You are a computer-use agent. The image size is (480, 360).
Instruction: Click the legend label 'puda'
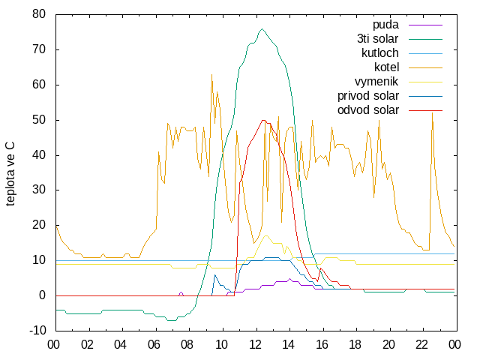point(385,25)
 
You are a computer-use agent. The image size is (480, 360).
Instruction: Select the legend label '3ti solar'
point(378,39)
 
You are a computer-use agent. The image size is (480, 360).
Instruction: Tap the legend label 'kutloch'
point(380,53)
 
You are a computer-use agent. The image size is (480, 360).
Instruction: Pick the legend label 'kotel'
point(387,67)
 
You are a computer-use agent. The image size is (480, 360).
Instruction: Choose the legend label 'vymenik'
point(376,82)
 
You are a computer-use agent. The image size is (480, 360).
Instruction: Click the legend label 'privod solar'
point(368,96)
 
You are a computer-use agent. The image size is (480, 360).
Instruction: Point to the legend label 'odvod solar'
point(368,110)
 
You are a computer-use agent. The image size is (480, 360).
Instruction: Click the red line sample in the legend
point(425,110)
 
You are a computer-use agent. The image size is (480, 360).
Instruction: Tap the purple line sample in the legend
point(425,25)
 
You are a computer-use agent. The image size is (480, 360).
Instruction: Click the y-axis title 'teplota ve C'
point(10,173)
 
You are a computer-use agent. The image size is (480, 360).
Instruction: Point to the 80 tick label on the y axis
point(39,14)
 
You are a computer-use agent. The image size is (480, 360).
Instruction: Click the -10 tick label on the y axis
point(37,331)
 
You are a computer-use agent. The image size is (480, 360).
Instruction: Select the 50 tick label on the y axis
point(39,120)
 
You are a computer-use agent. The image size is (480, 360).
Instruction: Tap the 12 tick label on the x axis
point(255,345)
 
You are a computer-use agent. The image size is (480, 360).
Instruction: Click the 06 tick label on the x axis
point(154,345)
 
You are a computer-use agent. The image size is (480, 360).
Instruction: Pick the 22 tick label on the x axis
point(421,345)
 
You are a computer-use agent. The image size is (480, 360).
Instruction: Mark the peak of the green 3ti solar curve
point(262,28)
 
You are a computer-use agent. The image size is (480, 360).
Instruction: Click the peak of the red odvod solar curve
point(263,120)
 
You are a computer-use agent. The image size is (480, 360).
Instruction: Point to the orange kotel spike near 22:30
point(432,113)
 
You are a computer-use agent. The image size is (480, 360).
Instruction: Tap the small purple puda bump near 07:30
point(181,292)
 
